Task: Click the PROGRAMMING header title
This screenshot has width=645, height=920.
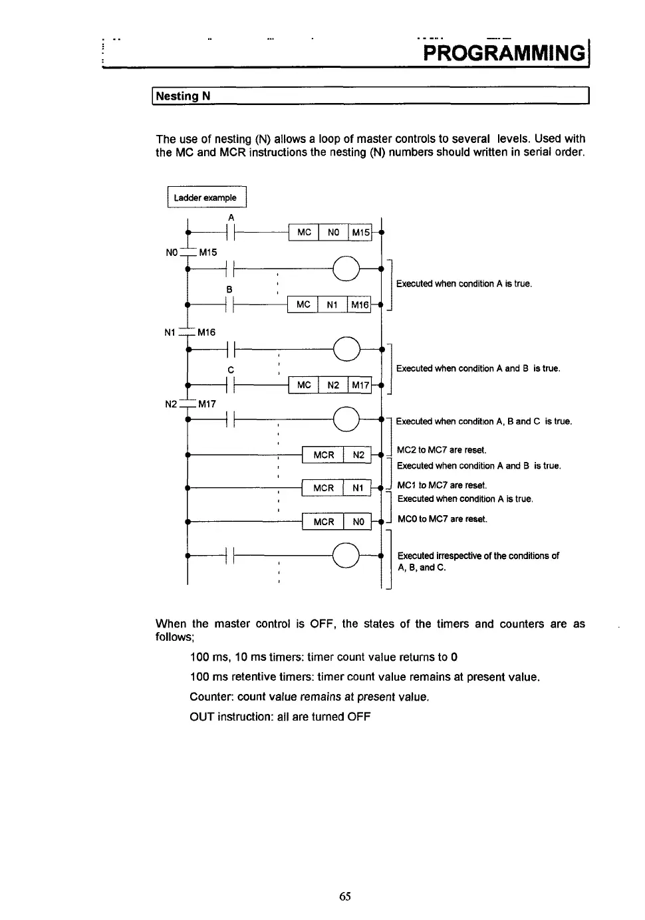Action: pos(504,53)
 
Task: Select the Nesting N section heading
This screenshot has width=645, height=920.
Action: pos(182,96)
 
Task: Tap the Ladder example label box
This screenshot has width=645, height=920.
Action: pos(205,197)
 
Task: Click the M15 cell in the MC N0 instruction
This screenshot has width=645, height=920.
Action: pos(360,232)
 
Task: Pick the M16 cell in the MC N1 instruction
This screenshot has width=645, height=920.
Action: pos(359,304)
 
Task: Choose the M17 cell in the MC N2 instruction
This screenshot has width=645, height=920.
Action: pos(360,385)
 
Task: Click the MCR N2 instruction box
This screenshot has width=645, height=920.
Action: pos(336,455)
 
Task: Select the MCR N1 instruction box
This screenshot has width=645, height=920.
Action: pos(336,488)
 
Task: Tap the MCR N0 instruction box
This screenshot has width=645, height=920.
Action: pos(336,522)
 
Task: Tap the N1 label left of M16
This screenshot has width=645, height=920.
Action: pos(170,332)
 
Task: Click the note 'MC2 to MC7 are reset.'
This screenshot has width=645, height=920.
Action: pos(442,450)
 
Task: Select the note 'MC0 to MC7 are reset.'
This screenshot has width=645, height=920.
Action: pos(442,519)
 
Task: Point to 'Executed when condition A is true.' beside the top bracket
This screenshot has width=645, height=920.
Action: pos(463,284)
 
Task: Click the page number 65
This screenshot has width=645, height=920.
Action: pos(344,896)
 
